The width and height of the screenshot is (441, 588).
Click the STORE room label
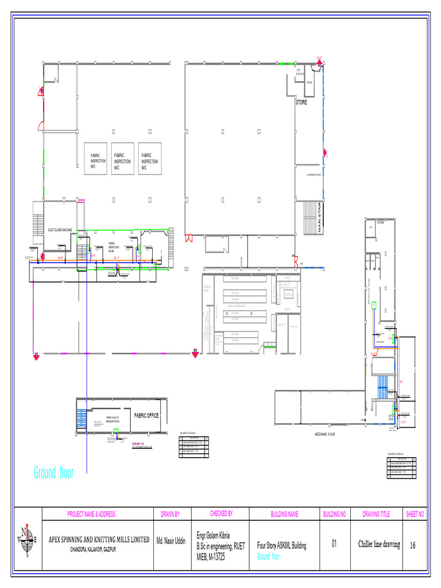tap(301, 102)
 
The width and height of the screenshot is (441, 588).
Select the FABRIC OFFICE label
tap(146, 415)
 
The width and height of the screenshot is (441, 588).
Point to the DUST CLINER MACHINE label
tap(60, 230)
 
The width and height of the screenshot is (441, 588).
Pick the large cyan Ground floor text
tap(53, 473)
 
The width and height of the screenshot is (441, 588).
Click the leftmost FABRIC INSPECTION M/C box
tap(96, 159)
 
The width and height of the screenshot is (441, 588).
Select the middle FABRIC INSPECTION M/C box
tap(122, 159)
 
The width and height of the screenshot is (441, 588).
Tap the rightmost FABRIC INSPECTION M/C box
tap(149, 159)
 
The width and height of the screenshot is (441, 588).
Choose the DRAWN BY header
tap(169, 514)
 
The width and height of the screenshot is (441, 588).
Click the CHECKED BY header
tap(221, 513)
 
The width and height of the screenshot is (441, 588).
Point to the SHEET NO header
tap(415, 514)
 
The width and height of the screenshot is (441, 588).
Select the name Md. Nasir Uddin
tap(171, 541)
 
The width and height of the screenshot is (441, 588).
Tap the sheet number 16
tap(412, 546)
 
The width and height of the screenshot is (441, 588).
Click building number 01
tap(334, 543)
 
